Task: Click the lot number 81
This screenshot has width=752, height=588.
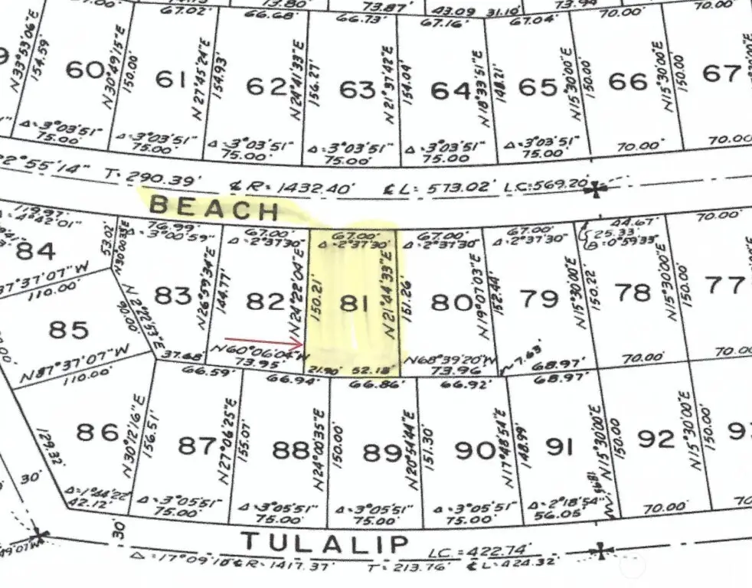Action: point(353,302)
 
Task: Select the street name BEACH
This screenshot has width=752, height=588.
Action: point(213,208)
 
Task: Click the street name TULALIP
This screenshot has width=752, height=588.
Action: point(325,543)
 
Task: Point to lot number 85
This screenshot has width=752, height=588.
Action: point(69,330)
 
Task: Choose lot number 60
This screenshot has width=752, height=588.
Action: point(85,70)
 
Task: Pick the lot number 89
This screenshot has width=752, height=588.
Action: point(381,452)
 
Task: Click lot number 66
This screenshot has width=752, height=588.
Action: point(628,80)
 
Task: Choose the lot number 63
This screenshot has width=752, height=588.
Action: point(358,90)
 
